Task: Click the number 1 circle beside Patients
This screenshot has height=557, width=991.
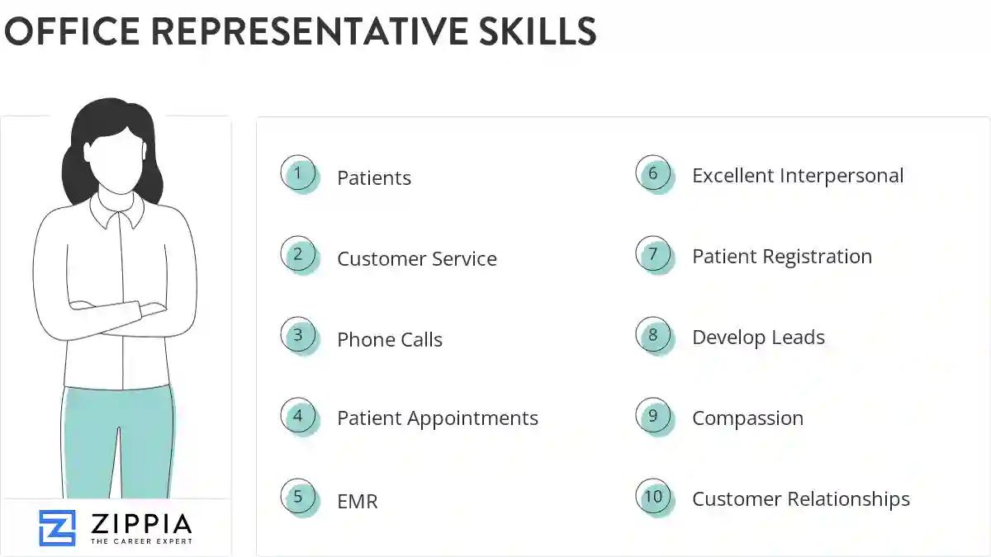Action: [298, 173]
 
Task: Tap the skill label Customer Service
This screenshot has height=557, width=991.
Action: [416, 258]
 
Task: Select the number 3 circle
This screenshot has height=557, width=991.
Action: [298, 335]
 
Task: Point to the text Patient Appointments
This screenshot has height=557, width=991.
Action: [437, 418]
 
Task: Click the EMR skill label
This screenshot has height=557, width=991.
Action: [357, 501]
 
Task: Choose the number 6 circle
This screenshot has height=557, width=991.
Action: [653, 173]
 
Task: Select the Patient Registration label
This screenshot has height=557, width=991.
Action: [781, 257]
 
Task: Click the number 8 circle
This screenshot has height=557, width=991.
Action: [653, 335]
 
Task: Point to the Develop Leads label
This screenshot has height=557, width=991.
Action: [758, 338]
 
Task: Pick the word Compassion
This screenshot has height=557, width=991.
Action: [747, 418]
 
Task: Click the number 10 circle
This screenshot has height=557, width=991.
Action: [653, 497]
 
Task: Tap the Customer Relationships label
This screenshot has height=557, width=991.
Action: [800, 499]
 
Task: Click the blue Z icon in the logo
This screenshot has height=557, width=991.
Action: [57, 528]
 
